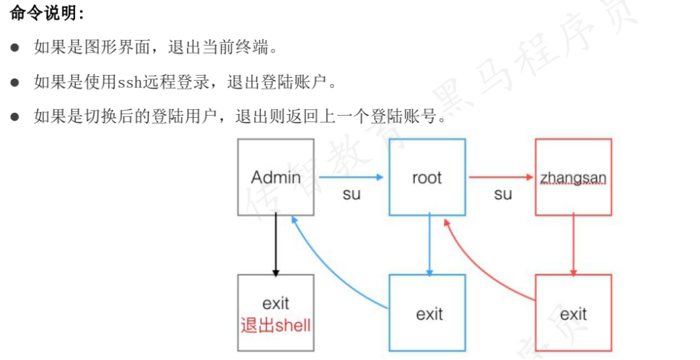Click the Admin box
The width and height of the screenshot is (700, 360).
(x=276, y=177)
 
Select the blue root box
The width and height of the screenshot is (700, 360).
(x=426, y=177)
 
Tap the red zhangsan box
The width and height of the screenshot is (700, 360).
(x=573, y=177)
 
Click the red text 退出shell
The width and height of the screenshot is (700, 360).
(x=276, y=325)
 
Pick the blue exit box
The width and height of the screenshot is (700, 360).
(x=429, y=313)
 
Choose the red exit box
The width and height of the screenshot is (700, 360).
(x=573, y=313)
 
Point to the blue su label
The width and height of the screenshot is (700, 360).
(x=351, y=195)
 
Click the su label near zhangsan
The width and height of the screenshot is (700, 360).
(x=503, y=195)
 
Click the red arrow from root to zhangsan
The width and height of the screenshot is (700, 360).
(x=501, y=177)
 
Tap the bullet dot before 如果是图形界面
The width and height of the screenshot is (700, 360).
(x=14, y=48)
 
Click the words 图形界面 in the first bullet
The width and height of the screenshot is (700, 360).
(x=117, y=48)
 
